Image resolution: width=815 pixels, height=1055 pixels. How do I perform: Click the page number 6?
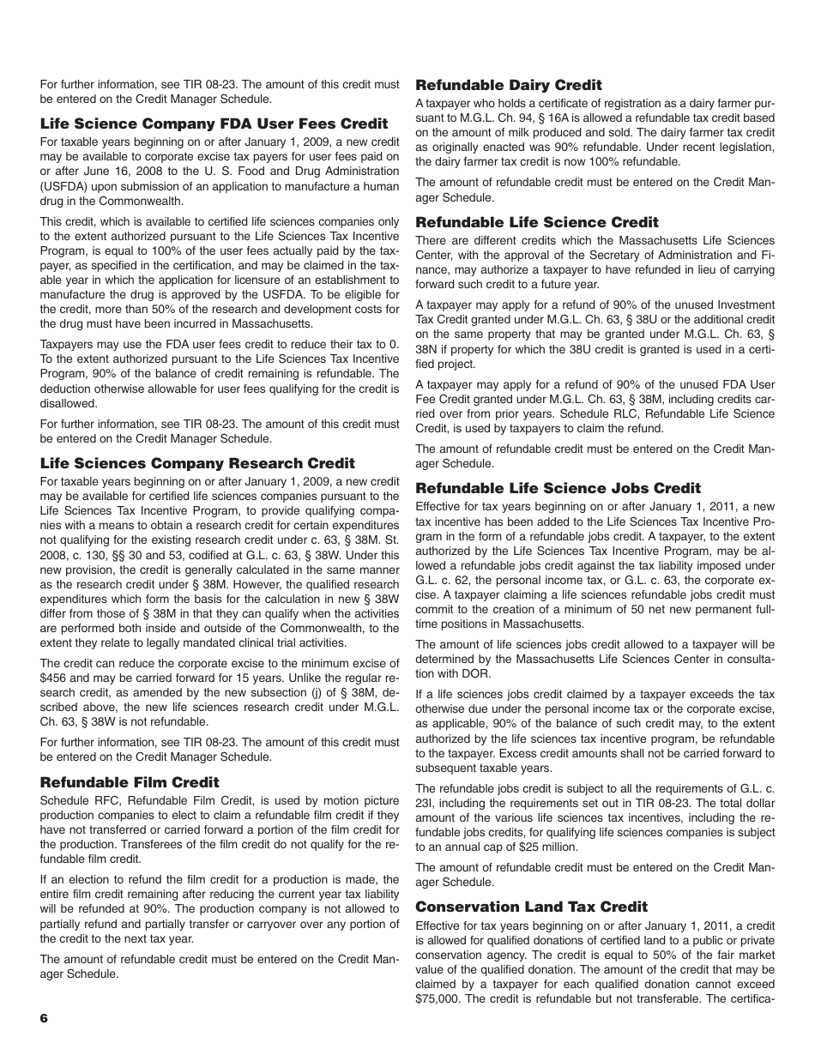[x=45, y=1017]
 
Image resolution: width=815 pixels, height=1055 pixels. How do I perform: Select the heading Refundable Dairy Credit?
[x=508, y=85]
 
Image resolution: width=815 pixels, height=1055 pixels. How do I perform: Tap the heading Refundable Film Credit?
[x=130, y=782]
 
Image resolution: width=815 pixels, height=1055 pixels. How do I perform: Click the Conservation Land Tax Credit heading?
[x=531, y=907]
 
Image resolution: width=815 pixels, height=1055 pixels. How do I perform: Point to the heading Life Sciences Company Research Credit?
[x=197, y=463]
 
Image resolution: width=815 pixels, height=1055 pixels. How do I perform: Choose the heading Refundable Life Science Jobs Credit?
[x=558, y=488]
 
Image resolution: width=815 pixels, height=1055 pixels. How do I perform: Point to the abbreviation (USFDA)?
[x=68, y=186]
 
